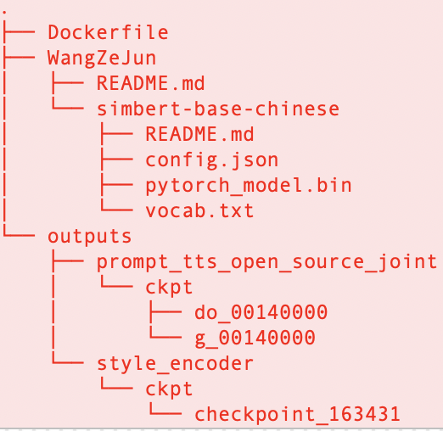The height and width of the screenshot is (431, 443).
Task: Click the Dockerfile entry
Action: (108, 32)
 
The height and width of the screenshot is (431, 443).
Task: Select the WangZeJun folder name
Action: (102, 59)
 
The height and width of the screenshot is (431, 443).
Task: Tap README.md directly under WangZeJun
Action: (150, 83)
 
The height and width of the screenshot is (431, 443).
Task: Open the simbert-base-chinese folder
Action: (218, 109)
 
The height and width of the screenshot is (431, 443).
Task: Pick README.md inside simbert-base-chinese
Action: (199, 134)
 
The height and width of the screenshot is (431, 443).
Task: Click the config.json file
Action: (212, 160)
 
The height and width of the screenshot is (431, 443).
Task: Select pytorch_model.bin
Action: (249, 186)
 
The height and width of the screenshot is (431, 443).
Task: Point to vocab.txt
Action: (199, 210)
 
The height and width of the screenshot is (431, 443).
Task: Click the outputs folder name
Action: (89, 237)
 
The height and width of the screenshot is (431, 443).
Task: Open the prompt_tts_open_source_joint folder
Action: (266, 262)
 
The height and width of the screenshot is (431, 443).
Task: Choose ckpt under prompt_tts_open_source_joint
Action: (169, 288)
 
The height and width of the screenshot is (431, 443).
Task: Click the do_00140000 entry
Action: (261, 312)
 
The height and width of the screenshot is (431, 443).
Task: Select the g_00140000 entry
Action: (255, 338)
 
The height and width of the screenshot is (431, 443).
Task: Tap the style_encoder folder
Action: (175, 363)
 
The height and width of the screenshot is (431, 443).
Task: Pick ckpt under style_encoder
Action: (169, 389)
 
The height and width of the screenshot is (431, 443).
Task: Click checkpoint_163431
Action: (297, 415)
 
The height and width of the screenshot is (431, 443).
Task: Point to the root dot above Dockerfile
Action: (4, 12)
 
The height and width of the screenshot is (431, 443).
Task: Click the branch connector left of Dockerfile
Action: (20, 31)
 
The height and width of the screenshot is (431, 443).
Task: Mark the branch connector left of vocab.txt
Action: (117, 204)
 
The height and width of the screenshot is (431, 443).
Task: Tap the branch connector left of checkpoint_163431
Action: (165, 408)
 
